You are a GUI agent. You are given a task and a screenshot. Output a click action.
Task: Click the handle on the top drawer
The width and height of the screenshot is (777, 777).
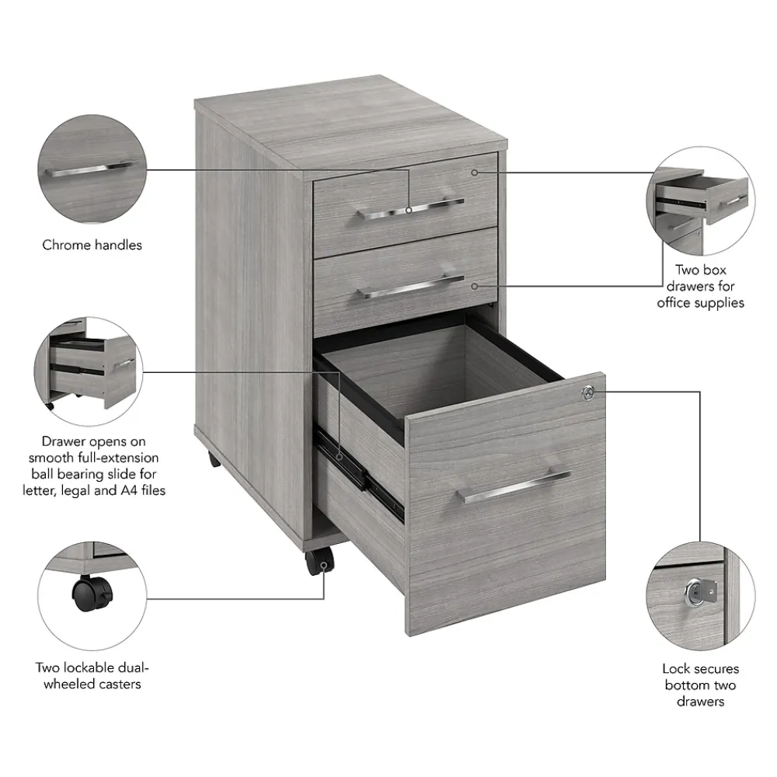coord(409,209)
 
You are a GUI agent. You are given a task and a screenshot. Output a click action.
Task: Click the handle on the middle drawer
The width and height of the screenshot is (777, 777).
coord(410,287)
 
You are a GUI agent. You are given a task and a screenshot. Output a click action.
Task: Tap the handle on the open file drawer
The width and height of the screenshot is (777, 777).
coord(514,486)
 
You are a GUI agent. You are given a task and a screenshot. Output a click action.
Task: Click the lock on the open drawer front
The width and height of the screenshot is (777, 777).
coord(588,393)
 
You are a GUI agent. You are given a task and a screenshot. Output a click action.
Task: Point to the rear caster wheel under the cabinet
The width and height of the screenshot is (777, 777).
coord(214,459)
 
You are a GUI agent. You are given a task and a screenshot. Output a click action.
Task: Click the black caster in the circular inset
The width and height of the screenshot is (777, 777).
coord(92,593)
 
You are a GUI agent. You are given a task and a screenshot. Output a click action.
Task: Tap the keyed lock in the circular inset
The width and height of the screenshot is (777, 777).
coord(700,592)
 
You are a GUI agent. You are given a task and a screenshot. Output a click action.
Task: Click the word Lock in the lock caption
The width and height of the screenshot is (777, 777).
coord(675,668)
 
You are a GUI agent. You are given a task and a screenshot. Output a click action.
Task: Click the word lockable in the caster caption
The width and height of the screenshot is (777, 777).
coord(82,668)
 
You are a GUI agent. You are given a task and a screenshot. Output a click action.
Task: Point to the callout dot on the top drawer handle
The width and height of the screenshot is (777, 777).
coord(409,210)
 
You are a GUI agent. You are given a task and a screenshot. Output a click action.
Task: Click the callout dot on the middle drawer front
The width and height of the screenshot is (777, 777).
coord(474,287)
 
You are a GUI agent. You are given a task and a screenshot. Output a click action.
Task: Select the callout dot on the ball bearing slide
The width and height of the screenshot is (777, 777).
coord(340,456)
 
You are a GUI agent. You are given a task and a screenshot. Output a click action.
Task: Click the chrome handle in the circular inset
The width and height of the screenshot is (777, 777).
coord(89,169)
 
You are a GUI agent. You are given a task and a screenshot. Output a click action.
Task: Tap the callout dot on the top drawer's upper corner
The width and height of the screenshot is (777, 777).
coord(474,172)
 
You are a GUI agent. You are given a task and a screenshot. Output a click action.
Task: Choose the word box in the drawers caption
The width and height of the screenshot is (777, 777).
coord(714,270)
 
